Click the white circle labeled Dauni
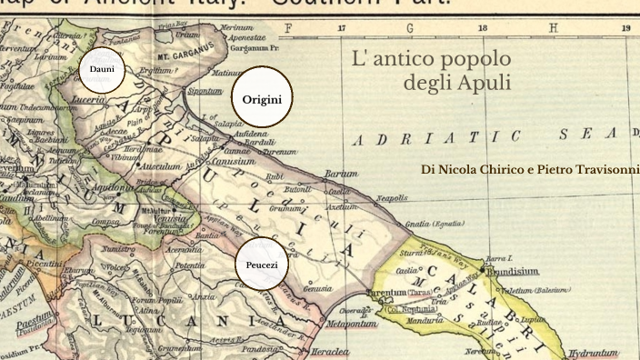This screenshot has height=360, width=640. (x=101, y=69)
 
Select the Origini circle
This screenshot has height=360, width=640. (x=262, y=99)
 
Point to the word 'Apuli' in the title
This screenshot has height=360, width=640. (x=486, y=84)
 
